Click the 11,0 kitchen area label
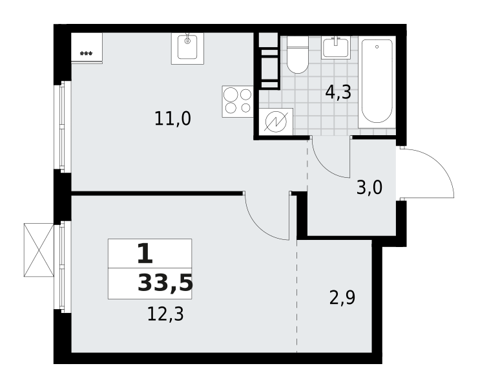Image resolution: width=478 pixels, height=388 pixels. click(x=173, y=119)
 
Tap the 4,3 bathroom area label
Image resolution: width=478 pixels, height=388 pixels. click(x=338, y=92)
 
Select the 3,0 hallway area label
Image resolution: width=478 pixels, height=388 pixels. click(x=369, y=188)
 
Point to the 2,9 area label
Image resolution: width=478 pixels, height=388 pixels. click(x=342, y=297)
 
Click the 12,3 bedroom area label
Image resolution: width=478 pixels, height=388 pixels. click(x=165, y=314)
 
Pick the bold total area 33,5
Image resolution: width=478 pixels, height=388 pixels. click(x=165, y=284)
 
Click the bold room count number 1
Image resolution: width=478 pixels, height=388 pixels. click(x=145, y=253)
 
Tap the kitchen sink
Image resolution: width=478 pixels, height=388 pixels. click(x=187, y=48)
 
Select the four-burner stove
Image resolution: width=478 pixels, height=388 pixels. click(x=238, y=102)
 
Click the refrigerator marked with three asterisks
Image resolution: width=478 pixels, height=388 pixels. click(x=87, y=48)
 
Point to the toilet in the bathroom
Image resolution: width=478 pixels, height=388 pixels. click(x=298, y=55)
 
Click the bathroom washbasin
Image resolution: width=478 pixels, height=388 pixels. click(x=335, y=48)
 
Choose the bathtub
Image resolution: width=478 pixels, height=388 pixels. click(x=377, y=82)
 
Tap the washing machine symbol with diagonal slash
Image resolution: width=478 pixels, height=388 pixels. click(x=276, y=122)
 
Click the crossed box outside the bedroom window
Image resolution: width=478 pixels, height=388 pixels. click(x=39, y=250)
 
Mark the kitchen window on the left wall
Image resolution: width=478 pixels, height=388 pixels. click(x=63, y=127)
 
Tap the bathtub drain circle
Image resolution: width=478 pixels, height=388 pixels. click(x=377, y=47)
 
